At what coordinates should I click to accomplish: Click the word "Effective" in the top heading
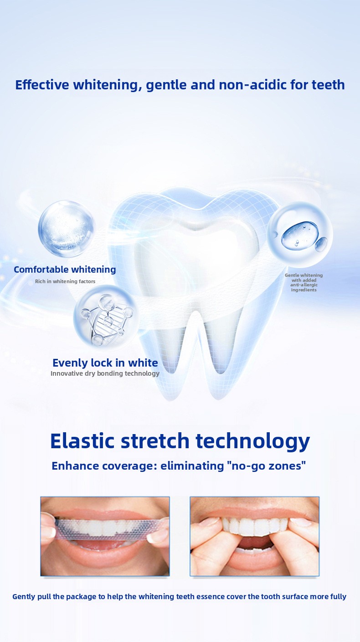[x=42, y=85]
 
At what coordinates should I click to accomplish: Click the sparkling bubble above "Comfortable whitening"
[x=67, y=229]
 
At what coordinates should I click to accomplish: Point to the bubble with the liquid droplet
[x=300, y=234]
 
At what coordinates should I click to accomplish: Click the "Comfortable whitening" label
[x=65, y=269]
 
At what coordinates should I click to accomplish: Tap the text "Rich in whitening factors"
[x=65, y=281]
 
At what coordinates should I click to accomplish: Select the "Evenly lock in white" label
[x=105, y=363]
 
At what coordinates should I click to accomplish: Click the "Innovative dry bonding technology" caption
[x=105, y=373]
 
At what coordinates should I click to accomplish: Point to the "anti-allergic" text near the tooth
[x=304, y=285]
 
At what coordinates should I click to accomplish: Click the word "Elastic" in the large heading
[x=82, y=440]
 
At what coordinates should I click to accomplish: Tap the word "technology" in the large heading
[x=253, y=442]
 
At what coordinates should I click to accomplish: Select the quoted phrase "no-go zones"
[x=266, y=466]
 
